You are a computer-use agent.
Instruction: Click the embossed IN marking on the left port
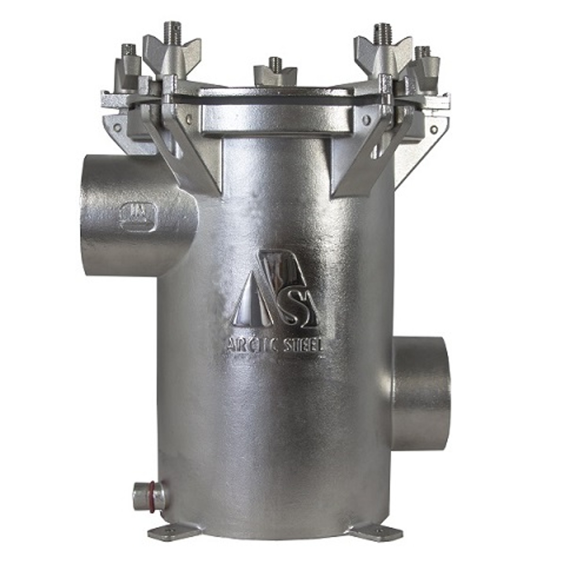[x=137, y=216]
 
